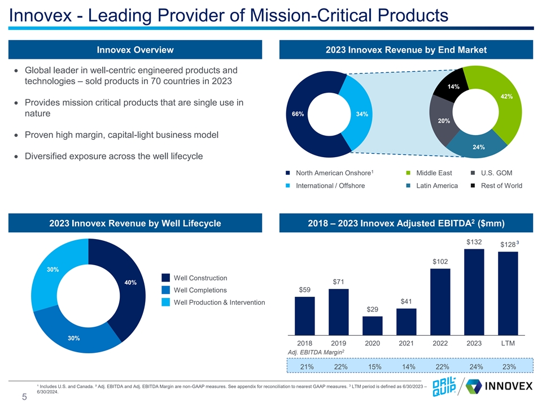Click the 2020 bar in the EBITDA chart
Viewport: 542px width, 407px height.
[372, 326]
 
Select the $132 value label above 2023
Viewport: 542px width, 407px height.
[474, 242]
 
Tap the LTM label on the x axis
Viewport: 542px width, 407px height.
[508, 343]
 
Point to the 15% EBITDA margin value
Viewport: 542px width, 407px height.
[375, 366]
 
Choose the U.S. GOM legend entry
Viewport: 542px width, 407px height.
[492, 173]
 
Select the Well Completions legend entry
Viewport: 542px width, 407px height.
[194, 290]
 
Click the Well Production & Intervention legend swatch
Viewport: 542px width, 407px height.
[165, 302]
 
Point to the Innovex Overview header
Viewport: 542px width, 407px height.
[135, 50]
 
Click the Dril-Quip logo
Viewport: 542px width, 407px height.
[444, 386]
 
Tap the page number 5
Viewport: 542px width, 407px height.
[24, 397]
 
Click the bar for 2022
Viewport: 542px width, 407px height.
[440, 302]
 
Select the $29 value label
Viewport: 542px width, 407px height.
[372, 309]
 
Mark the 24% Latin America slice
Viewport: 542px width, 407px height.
[477, 145]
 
